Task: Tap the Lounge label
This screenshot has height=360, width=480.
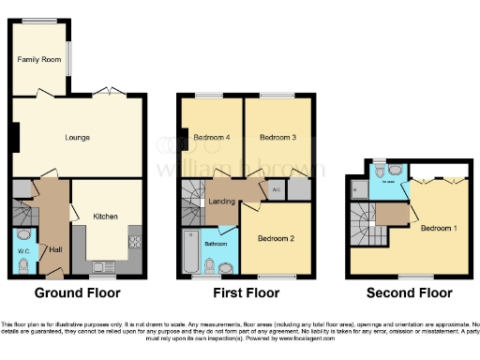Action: coord(77,138)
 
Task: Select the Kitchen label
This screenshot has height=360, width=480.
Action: coord(105,217)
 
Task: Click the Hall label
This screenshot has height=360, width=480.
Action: coord(55,249)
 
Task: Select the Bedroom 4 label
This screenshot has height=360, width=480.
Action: coord(211,138)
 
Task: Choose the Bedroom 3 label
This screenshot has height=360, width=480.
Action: coord(277,138)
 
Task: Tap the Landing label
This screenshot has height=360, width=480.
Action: coord(221,201)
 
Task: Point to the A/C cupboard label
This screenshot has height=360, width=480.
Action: coord(275,191)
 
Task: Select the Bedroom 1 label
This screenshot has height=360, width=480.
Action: coord(439,228)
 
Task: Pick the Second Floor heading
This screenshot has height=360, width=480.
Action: coord(409,292)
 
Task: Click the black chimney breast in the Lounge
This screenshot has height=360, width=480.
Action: coord(14,137)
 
